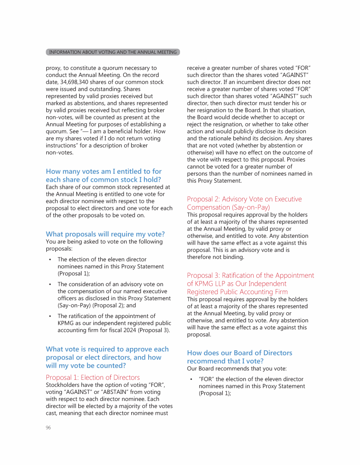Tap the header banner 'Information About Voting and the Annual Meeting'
click(113, 52)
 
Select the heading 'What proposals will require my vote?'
click(105, 234)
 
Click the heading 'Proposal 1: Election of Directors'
click(93, 377)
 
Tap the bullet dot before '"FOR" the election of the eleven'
click(191, 379)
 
